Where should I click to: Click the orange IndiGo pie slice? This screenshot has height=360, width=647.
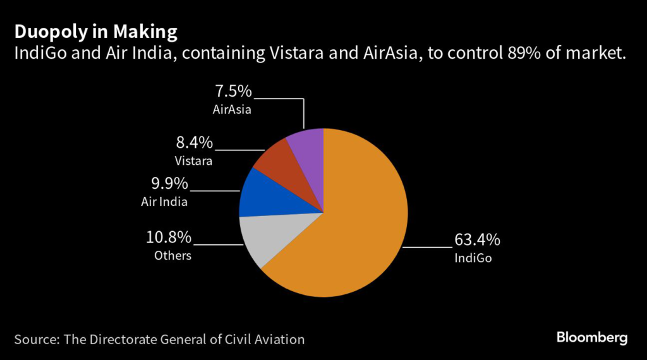tap(354, 234)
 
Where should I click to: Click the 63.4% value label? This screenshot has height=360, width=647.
tap(477, 240)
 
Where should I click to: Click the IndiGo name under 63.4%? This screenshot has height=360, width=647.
tap(473, 258)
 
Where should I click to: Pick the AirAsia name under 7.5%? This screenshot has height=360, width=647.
tap(233, 110)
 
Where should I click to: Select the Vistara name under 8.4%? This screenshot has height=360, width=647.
tap(194, 160)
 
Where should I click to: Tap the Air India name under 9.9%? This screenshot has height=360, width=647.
tap(165, 202)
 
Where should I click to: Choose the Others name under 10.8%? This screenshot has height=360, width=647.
tap(172, 256)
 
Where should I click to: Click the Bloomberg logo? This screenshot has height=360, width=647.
tap(592, 338)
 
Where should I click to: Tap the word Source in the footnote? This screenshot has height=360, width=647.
tap(35, 339)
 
